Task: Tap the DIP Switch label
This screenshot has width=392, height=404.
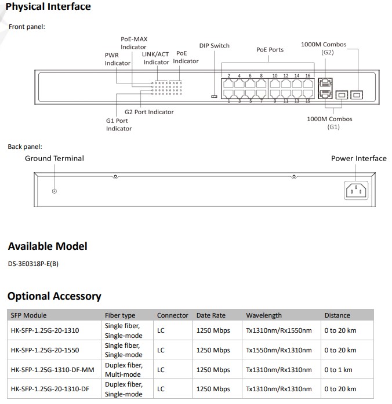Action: (x=214, y=46)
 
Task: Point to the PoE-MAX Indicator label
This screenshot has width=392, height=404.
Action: (x=133, y=43)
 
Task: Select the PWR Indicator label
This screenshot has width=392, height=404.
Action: (x=117, y=59)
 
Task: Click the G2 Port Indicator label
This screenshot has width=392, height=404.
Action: (x=149, y=112)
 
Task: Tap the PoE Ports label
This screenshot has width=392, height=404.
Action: (x=270, y=50)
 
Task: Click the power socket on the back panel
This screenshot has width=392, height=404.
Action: (x=356, y=190)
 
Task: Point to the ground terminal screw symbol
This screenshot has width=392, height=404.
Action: (x=55, y=191)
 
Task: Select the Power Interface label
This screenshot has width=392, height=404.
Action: (x=358, y=158)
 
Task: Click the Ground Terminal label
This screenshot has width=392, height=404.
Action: (x=54, y=158)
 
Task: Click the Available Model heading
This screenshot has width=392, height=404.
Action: (x=48, y=246)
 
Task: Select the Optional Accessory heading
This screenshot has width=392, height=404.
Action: (x=55, y=296)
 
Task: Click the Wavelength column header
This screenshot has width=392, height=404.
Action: (x=264, y=315)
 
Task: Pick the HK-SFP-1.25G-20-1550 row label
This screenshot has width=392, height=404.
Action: (x=45, y=350)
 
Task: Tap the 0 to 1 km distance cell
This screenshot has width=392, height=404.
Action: (x=339, y=370)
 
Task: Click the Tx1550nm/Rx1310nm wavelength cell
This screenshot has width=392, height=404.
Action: (x=279, y=350)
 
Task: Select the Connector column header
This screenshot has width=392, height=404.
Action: (x=172, y=315)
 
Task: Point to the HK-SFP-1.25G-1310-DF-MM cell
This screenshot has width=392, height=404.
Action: (x=52, y=370)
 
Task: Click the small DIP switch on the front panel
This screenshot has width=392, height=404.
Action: (x=214, y=96)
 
